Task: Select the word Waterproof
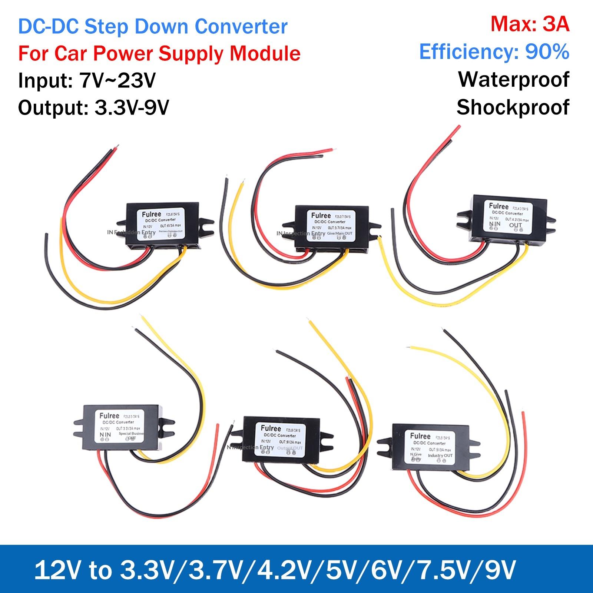point(513,79)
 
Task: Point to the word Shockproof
point(513,107)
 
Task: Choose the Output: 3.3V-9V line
point(93,108)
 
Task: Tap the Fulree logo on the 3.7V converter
point(321,215)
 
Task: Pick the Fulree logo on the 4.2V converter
point(498,206)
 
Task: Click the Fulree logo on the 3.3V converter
point(109,416)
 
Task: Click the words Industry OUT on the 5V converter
point(440,455)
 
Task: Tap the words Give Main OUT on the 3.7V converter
point(340,233)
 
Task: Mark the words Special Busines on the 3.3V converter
point(132,433)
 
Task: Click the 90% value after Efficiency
point(547,52)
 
